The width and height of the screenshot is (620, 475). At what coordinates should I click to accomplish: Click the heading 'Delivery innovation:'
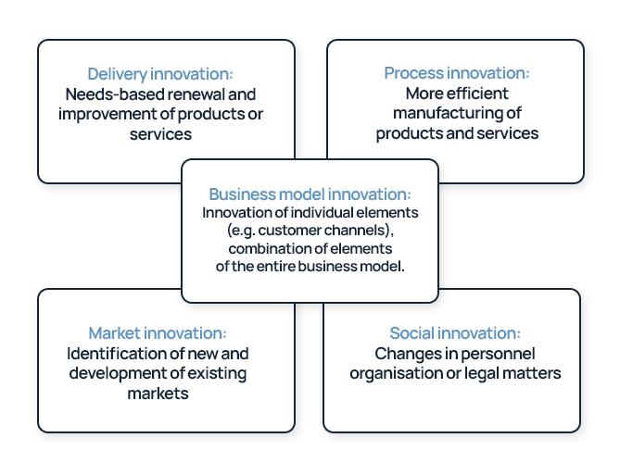pyautogui.click(x=160, y=74)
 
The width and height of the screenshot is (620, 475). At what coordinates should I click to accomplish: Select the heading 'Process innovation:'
pyautogui.click(x=457, y=73)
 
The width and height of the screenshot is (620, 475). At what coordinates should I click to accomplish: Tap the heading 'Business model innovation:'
pyautogui.click(x=310, y=194)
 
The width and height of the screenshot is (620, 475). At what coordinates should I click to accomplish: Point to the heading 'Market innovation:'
pyautogui.click(x=158, y=333)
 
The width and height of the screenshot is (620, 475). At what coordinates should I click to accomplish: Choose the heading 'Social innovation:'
pyautogui.click(x=455, y=333)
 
